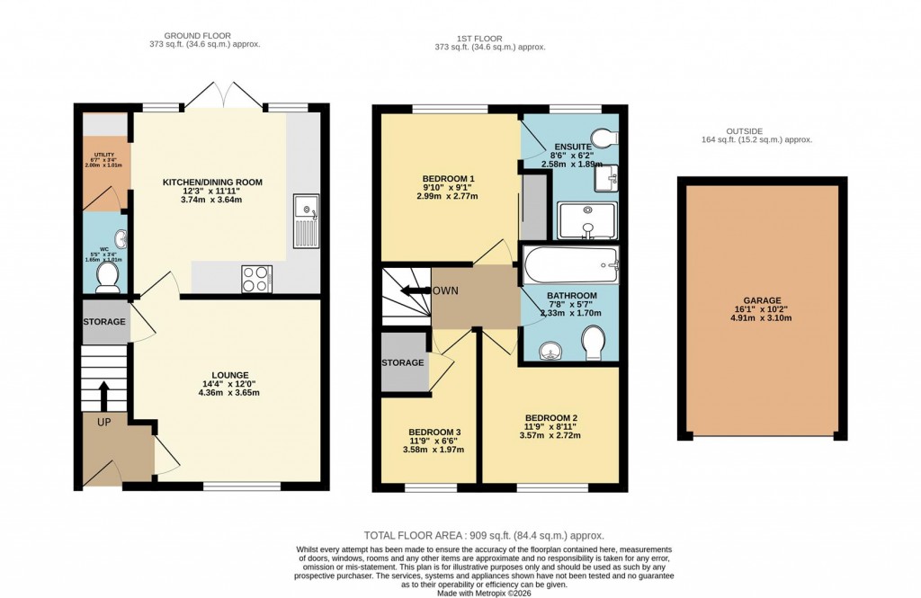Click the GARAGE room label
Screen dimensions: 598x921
click(762, 300)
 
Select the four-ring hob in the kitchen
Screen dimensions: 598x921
click(256, 279)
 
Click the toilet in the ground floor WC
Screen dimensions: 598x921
click(109, 278)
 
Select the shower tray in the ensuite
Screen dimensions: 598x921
click(586, 220)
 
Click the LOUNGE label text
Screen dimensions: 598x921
click(230, 375)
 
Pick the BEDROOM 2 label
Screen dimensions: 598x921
click(550, 417)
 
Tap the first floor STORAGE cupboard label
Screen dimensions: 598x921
click(403, 362)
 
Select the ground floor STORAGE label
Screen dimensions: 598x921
click(104, 322)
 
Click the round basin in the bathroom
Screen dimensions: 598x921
click(548, 349)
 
